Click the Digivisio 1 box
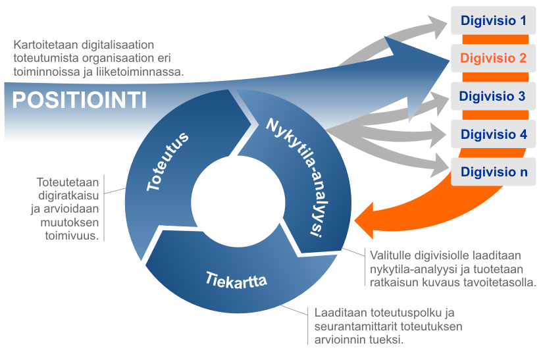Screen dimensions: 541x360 pos(493,20)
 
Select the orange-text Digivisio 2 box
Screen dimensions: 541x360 pos(493,58)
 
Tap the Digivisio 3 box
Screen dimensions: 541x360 pos(493,96)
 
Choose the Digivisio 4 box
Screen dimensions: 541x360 pos(493,134)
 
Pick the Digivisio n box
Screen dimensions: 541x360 pos(493,172)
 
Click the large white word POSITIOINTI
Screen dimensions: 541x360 pos(80,101)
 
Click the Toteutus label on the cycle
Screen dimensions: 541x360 pos(167,161)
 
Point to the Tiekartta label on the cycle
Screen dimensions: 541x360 pos(236,280)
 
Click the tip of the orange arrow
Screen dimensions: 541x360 pos(355,220)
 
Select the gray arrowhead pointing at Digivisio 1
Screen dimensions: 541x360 pos(438,25)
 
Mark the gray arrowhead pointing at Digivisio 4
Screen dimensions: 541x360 pos(438,135)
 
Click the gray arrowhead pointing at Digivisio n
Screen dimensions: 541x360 pos(440,167)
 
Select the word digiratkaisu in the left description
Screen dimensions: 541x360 pos(68,195)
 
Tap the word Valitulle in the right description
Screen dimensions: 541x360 pos(390,256)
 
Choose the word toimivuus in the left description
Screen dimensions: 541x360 pos(72,236)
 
